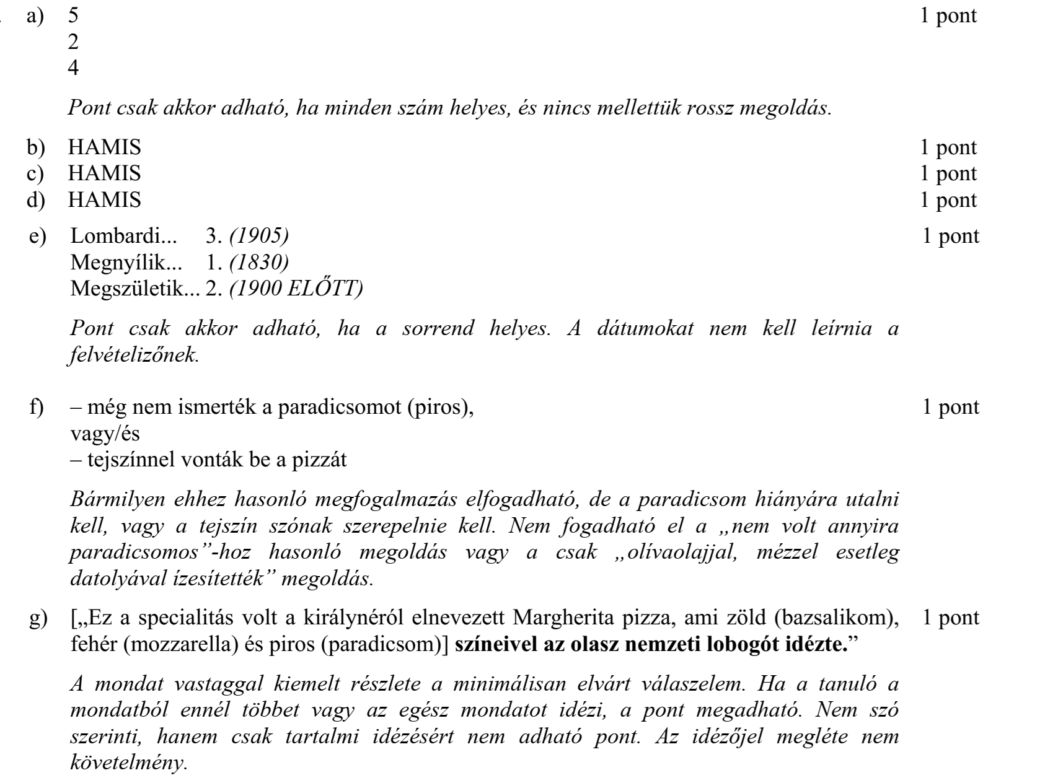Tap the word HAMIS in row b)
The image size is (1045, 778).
(105, 148)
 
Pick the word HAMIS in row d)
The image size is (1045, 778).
(105, 200)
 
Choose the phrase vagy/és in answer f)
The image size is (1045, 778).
(105, 434)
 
